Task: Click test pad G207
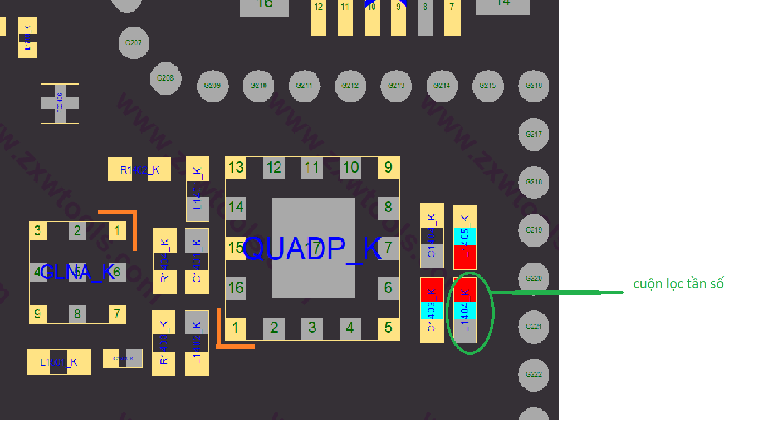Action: (134, 42)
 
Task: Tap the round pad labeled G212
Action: (350, 86)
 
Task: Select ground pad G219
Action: (534, 230)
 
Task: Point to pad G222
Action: (534, 375)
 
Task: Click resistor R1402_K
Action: (139, 170)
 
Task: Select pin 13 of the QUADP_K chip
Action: (236, 167)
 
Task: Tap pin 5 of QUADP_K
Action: (388, 328)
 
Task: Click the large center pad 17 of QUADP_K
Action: (313, 248)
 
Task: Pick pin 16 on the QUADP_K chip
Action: (236, 287)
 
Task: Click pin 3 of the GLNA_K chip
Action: (37, 230)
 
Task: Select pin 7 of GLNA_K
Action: (116, 314)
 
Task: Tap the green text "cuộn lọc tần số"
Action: (678, 284)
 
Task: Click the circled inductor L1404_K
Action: (465, 310)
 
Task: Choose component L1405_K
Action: (465, 238)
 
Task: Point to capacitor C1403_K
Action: (432, 310)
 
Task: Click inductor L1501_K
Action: (58, 362)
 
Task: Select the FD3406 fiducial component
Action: (60, 104)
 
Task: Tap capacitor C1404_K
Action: (432, 235)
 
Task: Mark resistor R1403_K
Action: (164, 342)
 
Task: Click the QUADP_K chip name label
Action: (312, 248)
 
